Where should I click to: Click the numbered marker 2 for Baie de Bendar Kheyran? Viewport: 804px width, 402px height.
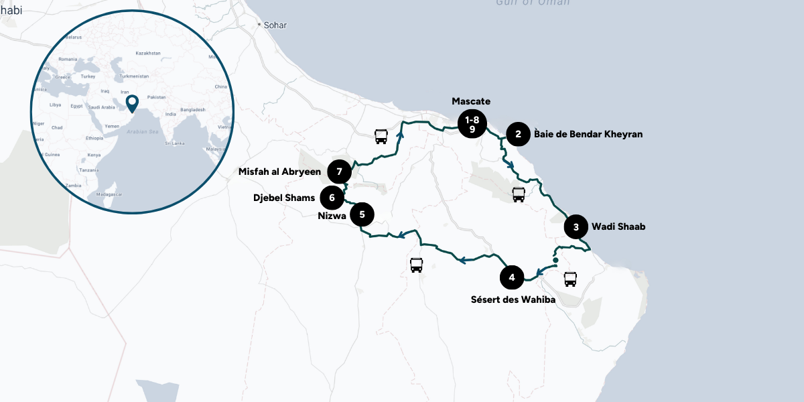(518, 134)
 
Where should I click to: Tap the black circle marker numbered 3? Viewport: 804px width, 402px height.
(576, 227)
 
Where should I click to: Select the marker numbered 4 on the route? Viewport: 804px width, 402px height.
(512, 277)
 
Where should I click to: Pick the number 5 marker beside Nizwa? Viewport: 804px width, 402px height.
(362, 215)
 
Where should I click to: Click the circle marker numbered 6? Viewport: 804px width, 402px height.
(332, 198)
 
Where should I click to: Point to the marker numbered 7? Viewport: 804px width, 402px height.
(340, 172)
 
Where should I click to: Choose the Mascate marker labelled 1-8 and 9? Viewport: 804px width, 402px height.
(472, 124)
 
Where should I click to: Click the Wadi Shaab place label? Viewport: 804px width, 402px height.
(618, 227)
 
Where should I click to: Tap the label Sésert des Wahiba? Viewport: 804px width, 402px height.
(513, 299)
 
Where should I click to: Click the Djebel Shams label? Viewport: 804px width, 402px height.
(283, 198)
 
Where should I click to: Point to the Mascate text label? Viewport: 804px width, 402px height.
(471, 101)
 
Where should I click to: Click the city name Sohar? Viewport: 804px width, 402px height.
(275, 25)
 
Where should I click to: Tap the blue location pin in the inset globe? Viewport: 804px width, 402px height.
(132, 103)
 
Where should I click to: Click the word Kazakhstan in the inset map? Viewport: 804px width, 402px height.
(148, 53)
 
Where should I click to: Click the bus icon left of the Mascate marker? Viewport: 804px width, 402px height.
(381, 137)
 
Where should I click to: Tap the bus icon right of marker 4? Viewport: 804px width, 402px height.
(570, 279)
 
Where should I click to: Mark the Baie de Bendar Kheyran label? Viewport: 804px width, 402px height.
(588, 134)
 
